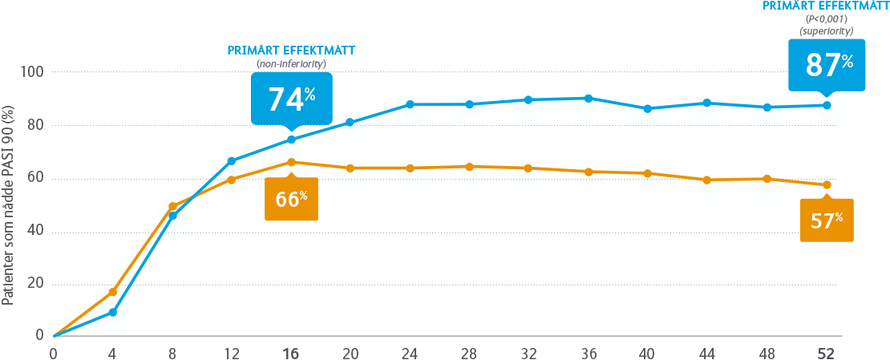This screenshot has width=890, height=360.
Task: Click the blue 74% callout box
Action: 291,99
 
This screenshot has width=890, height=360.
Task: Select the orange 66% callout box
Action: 291,199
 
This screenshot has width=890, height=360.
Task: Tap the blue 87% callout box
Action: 828,64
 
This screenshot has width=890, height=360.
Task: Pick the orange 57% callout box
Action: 827,220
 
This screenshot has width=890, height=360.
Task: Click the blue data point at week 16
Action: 291,140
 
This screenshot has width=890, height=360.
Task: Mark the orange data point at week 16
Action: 291,162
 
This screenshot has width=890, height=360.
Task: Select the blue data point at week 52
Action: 827,105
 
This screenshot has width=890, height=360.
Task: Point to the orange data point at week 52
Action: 827,185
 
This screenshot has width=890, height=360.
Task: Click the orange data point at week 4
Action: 113,292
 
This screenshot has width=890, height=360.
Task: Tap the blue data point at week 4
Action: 113,312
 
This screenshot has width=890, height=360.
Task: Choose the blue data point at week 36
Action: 589,98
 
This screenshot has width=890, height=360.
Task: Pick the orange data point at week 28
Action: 469,166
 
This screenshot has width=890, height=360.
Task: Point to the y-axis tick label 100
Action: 32,72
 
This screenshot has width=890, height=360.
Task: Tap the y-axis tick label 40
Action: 35,232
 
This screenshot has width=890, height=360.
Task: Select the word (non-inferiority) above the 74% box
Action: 291,63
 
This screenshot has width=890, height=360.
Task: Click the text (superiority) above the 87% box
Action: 826,30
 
